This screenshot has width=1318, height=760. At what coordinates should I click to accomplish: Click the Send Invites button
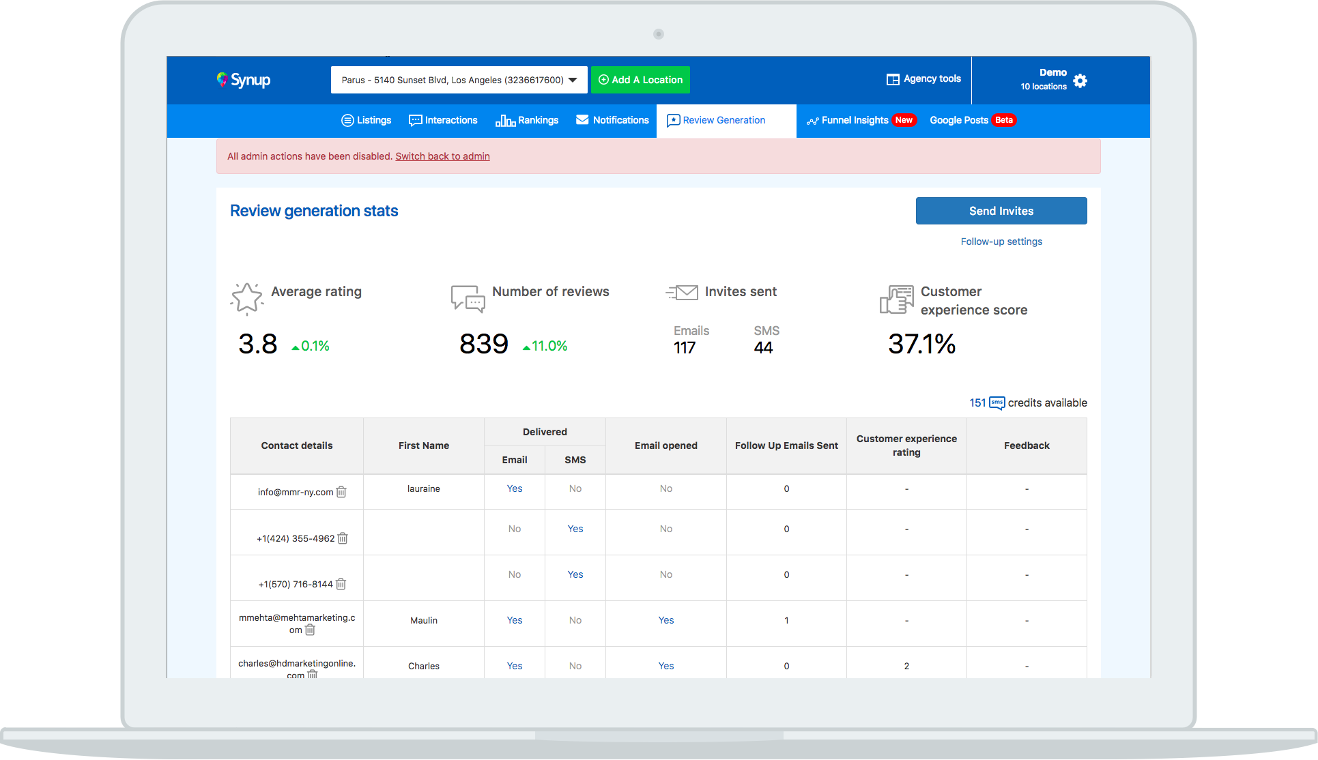1001,211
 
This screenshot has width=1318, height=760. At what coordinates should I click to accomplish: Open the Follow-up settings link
1001,242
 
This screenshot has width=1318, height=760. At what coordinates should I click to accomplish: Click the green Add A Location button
640,80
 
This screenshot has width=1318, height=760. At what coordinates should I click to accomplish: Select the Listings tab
367,120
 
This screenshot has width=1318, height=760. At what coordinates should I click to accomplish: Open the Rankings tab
527,120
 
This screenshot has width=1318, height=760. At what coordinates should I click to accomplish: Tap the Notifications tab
612,120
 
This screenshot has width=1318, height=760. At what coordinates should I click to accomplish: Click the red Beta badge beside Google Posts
1004,120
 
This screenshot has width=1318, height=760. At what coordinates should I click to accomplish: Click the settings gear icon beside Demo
1080,81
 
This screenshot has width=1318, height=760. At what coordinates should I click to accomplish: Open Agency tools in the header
923,79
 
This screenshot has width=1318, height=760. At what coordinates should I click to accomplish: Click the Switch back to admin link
442,156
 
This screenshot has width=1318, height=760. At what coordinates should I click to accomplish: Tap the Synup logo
244,80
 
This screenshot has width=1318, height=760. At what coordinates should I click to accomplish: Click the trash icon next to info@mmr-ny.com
341,492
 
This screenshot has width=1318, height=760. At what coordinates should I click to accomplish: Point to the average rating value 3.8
258,344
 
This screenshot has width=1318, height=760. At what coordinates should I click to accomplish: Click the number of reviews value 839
484,344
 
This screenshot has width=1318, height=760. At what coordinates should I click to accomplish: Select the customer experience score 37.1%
921,344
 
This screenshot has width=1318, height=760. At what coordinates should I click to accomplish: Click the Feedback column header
1027,445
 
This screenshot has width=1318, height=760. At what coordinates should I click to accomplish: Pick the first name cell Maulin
424,620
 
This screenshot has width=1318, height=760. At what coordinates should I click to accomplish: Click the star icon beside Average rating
246,299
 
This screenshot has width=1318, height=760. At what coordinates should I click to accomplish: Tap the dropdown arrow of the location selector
573,80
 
